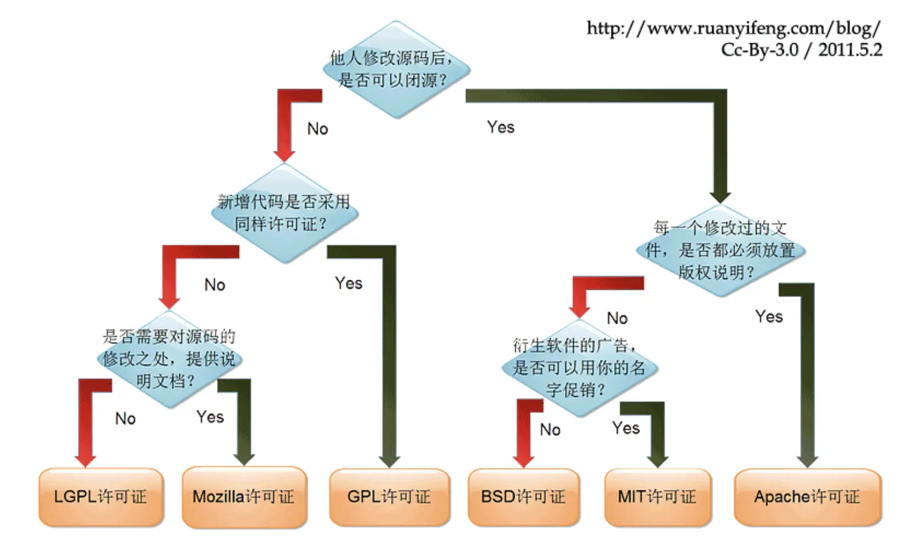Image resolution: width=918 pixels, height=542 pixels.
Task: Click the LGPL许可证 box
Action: (101, 497)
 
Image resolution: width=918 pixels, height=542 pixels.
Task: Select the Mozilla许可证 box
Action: (244, 497)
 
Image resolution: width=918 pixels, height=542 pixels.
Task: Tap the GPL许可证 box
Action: (389, 497)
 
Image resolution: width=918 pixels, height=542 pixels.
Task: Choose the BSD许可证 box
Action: (523, 497)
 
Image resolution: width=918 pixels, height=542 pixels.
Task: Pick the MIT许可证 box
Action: (657, 497)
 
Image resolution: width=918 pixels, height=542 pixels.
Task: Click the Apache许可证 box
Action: (807, 497)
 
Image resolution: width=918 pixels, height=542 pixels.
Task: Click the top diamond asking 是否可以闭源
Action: (395, 69)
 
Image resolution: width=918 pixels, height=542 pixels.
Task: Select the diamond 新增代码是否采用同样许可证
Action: (285, 213)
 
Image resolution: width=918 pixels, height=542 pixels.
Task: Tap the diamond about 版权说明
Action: (720, 250)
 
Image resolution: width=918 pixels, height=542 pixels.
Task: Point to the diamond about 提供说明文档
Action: (169, 359)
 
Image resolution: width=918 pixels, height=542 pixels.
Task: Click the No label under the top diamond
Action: (318, 129)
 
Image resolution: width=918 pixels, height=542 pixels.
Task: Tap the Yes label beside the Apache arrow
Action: (769, 317)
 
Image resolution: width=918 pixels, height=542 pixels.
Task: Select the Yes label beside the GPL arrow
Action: (348, 283)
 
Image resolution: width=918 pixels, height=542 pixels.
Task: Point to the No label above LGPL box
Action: (125, 419)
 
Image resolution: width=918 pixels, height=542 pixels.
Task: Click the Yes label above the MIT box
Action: (626, 428)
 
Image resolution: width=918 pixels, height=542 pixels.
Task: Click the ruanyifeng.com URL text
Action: (733, 28)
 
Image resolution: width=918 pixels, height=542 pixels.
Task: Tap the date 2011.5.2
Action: (850, 50)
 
